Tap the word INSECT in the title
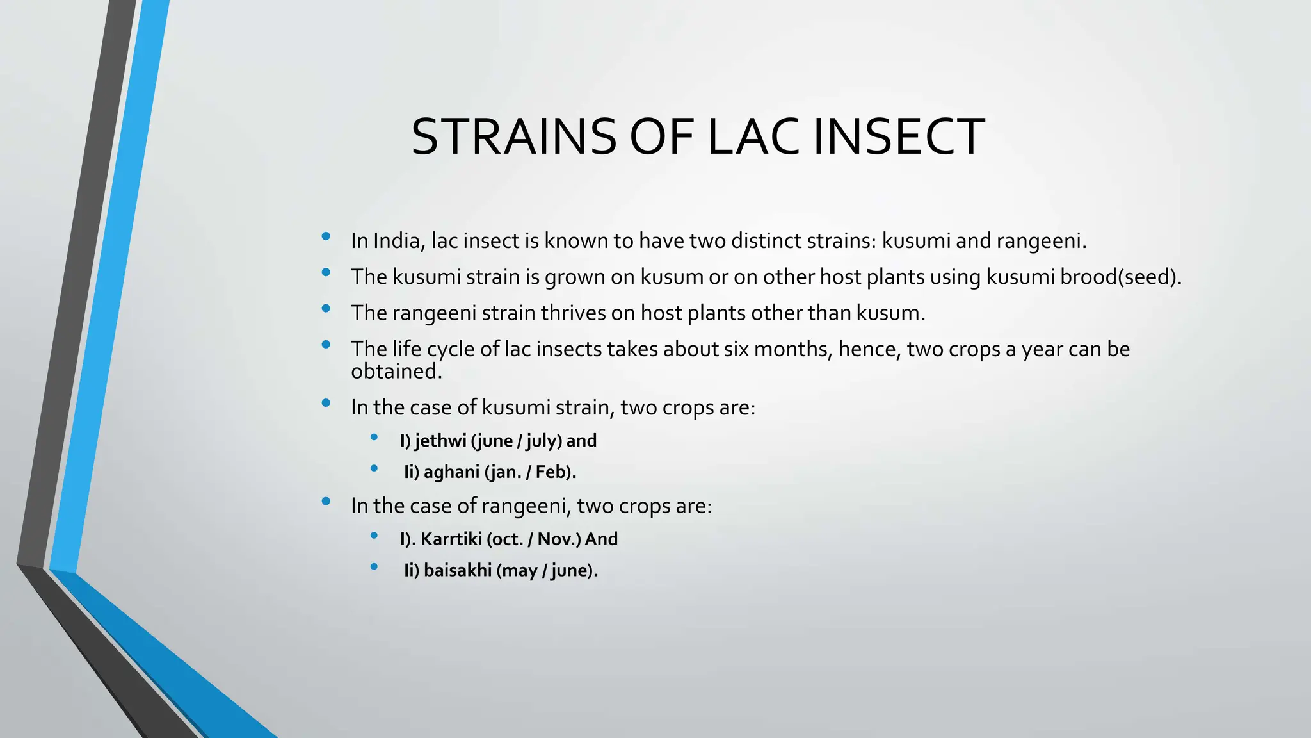899,136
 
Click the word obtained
396,371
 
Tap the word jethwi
440,441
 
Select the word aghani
451,472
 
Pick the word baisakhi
457,570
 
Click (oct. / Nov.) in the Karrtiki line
534,539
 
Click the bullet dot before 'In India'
326,236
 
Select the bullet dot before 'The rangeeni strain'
326,308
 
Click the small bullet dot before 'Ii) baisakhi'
374,566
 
